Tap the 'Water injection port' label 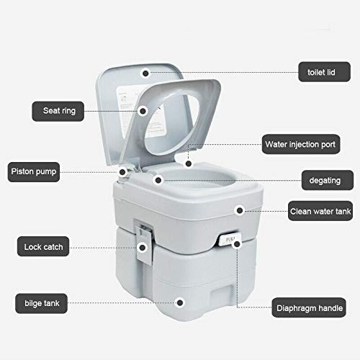tap(300, 143)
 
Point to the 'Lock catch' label tap(43, 247)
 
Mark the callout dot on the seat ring tap(144, 111)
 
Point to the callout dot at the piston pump tap(124, 172)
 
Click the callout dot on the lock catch tap(143, 247)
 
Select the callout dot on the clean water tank tap(239, 211)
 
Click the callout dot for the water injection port tap(188, 163)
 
